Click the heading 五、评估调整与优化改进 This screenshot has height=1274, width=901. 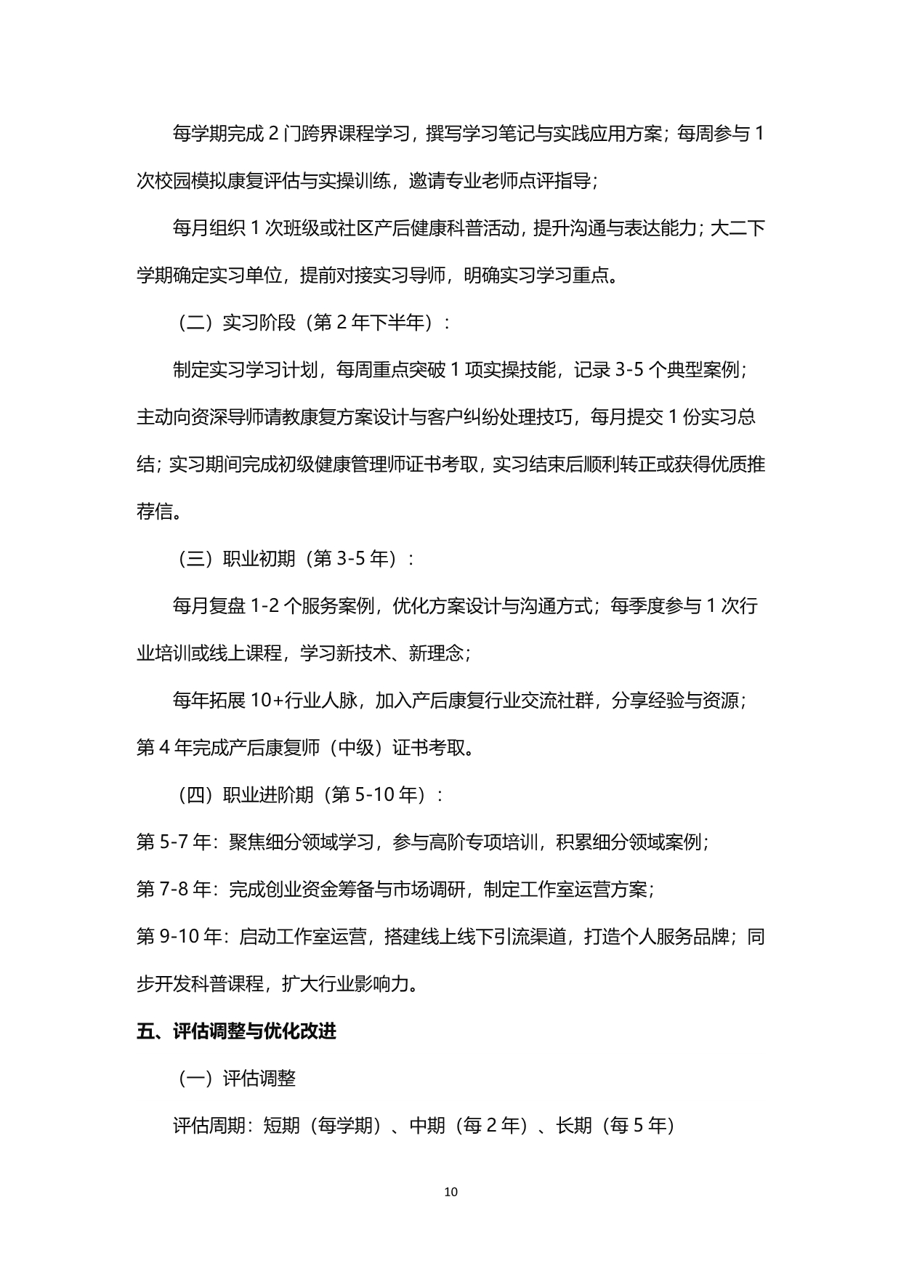point(236,1031)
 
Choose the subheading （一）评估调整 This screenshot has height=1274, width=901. point(236,1079)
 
